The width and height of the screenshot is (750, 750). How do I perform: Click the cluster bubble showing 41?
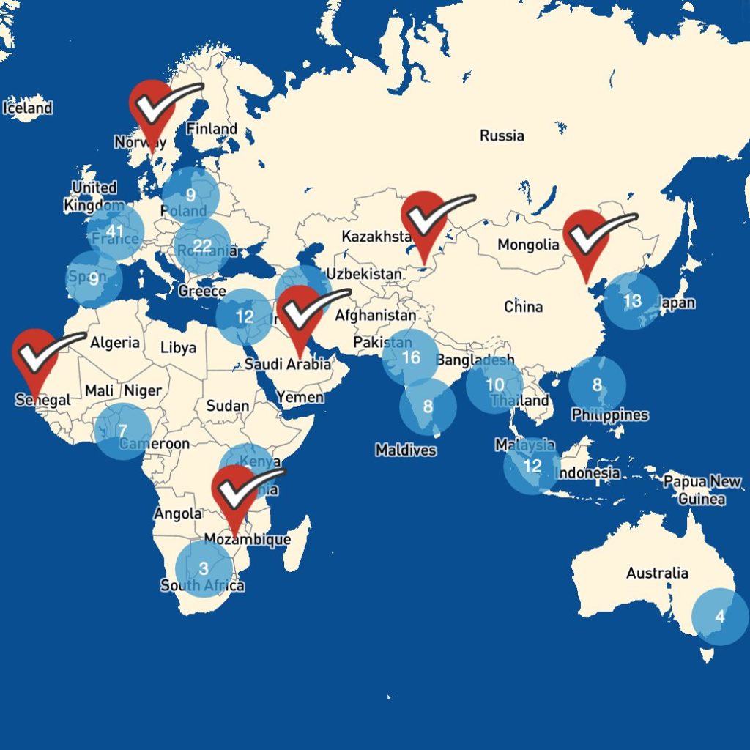click(x=115, y=233)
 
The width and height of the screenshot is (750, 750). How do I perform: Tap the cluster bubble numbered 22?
click(x=202, y=245)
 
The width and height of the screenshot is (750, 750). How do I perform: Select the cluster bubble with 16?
click(x=411, y=357)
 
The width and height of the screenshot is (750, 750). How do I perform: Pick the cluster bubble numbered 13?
click(x=631, y=300)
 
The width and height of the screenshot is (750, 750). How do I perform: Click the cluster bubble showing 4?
click(x=720, y=616)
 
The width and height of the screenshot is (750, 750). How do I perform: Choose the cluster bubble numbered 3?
click(x=204, y=568)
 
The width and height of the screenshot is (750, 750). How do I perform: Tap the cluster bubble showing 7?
click(x=122, y=431)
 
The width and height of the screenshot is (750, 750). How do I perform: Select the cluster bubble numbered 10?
click(x=495, y=385)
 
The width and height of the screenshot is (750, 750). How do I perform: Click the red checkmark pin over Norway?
click(x=152, y=110)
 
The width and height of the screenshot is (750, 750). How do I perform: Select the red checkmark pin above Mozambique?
click(x=234, y=491)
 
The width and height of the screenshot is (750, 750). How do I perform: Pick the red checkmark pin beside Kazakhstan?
click(x=424, y=218)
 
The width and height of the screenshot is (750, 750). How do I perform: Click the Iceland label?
click(x=28, y=108)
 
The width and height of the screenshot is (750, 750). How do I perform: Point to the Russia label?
click(x=502, y=135)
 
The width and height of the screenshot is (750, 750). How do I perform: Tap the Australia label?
click(x=657, y=573)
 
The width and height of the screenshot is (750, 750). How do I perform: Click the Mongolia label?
click(x=528, y=245)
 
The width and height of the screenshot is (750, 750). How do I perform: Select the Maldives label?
click(x=406, y=450)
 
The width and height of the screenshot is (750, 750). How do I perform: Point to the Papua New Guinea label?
click(x=702, y=491)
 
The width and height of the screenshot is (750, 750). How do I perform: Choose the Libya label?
click(x=179, y=347)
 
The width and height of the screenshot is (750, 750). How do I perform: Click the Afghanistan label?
click(x=375, y=316)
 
